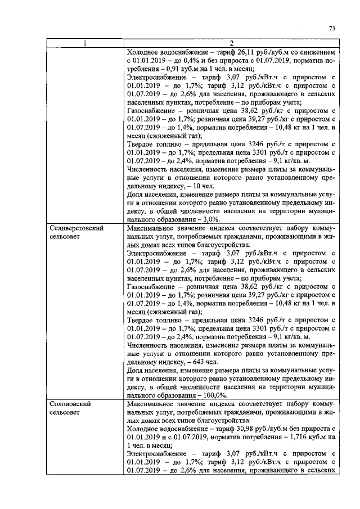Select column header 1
point(84,44)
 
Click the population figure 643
point(185,362)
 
